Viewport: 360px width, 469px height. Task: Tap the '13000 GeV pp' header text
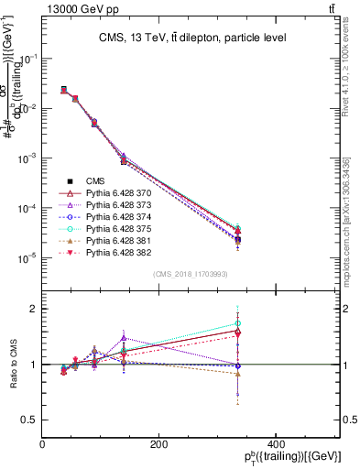78,8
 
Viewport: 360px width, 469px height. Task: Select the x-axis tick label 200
158,444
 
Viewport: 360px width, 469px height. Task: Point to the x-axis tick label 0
43,444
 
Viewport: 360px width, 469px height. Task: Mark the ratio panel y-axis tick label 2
34,309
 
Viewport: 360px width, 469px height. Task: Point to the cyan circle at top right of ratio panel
315,323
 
